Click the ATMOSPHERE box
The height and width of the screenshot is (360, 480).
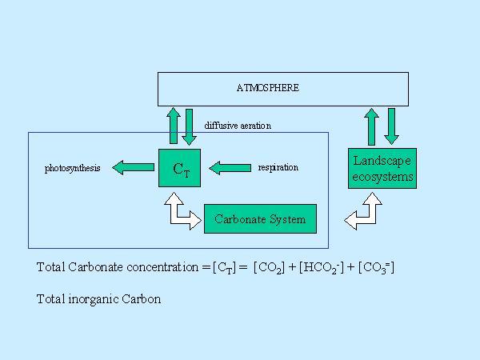click(282, 89)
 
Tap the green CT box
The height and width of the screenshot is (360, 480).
click(182, 168)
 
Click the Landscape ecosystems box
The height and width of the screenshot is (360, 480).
click(383, 168)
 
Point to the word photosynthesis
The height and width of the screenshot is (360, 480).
click(73, 168)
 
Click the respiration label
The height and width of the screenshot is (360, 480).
click(278, 167)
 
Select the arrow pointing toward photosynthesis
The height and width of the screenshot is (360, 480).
click(133, 167)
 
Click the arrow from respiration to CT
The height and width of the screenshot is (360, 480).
click(229, 167)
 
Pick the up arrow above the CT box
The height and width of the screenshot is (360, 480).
click(174, 126)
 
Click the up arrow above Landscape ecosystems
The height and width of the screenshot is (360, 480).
click(371, 126)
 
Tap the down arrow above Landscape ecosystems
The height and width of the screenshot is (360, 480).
click(392, 126)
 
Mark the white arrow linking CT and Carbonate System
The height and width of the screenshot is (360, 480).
click(181, 210)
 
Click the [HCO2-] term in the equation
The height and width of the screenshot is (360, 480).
click(324, 267)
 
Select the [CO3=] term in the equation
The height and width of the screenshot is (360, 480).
click(375, 267)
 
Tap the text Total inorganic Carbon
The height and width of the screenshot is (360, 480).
click(99, 299)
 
